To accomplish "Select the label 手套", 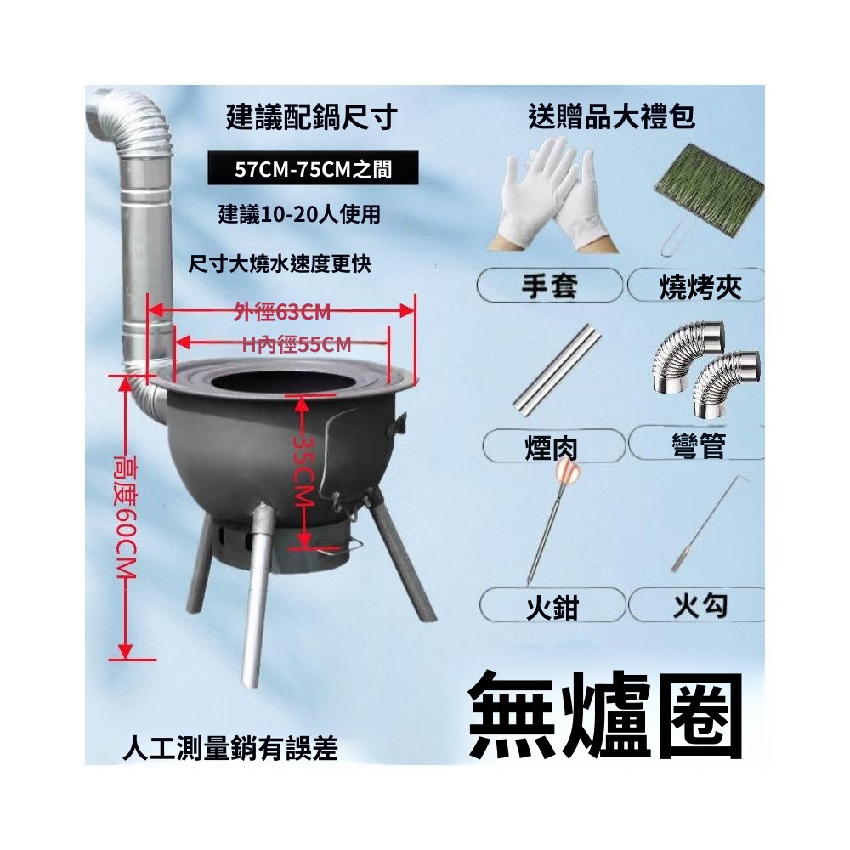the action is click(549, 286).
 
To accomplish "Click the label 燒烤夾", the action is click(700, 286).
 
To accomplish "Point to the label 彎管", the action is click(698, 445).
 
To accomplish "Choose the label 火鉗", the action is click(552, 607).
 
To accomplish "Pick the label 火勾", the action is click(700, 605).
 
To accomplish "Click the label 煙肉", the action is click(552, 448).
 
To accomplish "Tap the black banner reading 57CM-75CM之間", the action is click(313, 169).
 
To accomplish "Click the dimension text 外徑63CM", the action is click(282, 312).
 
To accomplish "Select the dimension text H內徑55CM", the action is click(296, 344).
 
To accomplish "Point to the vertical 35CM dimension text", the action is click(304, 473).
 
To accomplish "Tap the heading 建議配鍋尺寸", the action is click(312, 117).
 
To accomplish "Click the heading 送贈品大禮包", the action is click(611, 116).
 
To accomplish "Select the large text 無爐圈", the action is click(606, 716).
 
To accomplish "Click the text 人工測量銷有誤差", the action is click(230, 748).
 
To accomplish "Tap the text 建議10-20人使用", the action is click(299, 215).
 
